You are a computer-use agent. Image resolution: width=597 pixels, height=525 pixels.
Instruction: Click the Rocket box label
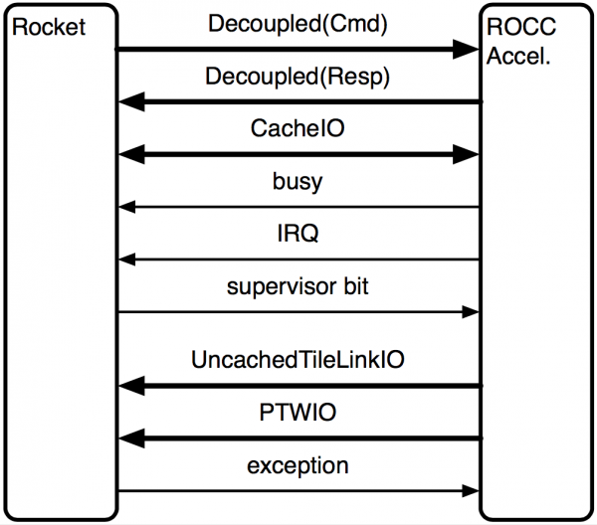tap(49, 27)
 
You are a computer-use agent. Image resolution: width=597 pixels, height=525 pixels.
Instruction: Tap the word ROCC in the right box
tap(521, 27)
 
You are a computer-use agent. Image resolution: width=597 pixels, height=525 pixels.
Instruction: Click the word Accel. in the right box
tap(518, 56)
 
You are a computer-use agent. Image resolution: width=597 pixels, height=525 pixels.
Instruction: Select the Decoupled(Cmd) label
tap(298, 24)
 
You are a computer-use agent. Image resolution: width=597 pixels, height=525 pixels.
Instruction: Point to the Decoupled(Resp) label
tap(298, 77)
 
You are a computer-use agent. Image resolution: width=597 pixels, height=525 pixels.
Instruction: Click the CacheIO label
tap(298, 128)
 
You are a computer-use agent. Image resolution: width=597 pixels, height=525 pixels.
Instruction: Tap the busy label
tap(298, 182)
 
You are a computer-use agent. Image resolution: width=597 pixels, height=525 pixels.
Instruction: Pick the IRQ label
tap(298, 234)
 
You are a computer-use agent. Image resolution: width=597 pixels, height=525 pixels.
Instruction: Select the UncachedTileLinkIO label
tap(298, 360)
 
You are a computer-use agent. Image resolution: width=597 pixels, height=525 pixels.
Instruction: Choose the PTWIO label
tap(298, 412)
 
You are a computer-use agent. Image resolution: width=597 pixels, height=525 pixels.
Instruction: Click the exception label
tap(298, 465)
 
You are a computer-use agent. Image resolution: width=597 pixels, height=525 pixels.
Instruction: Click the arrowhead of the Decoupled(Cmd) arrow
tap(466, 49)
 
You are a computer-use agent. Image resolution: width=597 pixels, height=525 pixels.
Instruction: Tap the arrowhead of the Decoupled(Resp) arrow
tap(131, 101)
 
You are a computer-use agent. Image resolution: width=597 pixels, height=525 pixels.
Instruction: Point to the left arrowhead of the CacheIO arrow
tap(131, 154)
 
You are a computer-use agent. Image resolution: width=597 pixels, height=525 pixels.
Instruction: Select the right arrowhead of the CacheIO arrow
tap(466, 154)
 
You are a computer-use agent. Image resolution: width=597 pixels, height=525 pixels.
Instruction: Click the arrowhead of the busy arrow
tap(127, 207)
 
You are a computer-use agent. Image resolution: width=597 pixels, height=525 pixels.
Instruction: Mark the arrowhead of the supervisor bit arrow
tap(471, 312)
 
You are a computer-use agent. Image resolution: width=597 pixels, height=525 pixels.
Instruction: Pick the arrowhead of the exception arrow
tap(471, 491)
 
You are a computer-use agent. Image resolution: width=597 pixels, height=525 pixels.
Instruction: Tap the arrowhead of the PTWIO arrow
tap(131, 438)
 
